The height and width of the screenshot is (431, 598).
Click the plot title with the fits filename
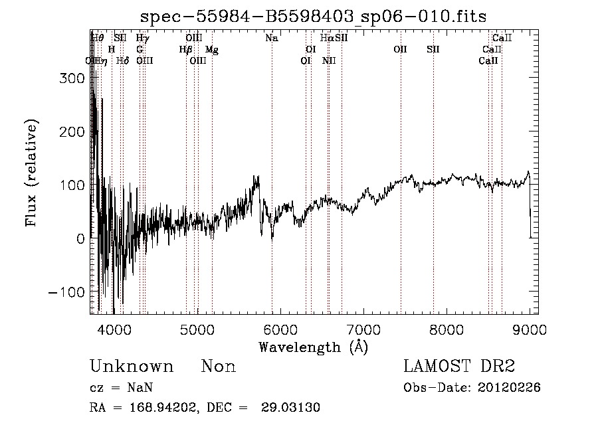320,17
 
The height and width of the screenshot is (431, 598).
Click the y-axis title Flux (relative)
31,173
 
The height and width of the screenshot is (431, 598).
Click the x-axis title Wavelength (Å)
313,347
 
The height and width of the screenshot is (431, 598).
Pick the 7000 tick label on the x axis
363,329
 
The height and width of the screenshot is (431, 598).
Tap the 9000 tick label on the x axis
530,329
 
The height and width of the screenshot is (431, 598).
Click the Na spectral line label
271,39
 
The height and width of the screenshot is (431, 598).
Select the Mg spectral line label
211,50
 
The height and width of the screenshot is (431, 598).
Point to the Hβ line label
185,50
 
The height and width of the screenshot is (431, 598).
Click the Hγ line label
142,39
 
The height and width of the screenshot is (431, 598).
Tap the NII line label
329,61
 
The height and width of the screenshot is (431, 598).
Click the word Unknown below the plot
132,367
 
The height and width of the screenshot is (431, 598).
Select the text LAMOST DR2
459,367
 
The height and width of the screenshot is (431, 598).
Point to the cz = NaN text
123,388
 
